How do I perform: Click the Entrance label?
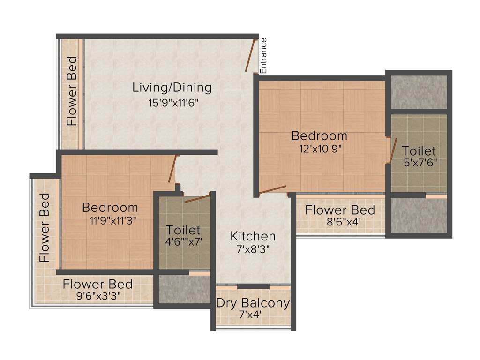263,55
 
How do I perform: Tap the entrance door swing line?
250,55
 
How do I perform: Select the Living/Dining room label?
172,87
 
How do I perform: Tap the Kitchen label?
253,236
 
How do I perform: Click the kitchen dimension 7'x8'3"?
253,249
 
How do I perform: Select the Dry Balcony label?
253,303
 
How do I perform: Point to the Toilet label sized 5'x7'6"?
419,151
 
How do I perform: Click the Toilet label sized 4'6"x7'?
183,230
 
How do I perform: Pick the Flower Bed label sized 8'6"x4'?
340,210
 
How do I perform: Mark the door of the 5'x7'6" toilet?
393,150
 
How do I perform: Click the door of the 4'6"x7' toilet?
197,199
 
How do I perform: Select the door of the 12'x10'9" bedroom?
273,189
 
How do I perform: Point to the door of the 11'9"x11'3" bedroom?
172,169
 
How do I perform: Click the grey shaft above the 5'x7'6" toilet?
419,92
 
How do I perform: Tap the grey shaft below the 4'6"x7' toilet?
184,289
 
